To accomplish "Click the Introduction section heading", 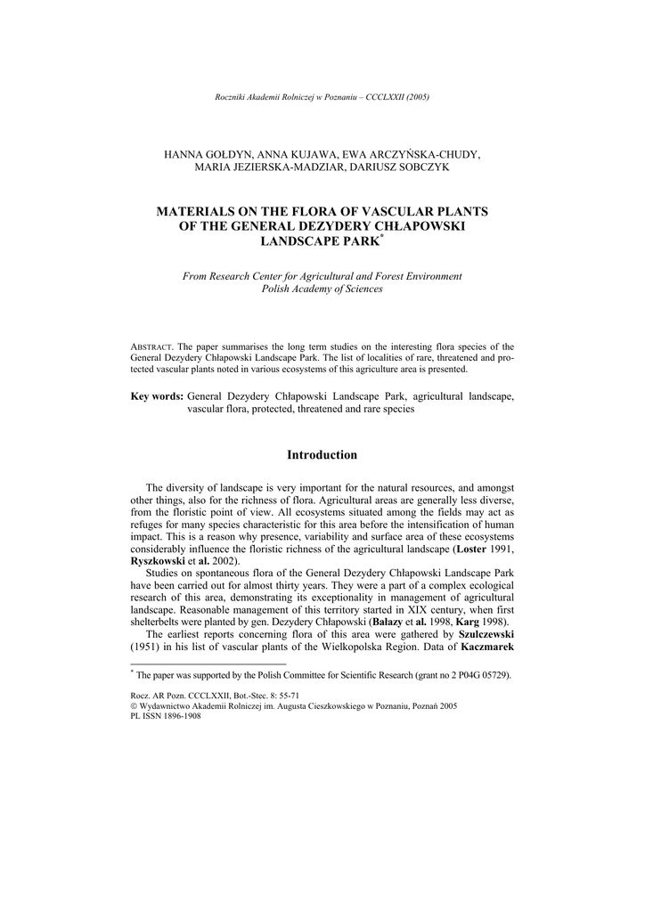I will tap(322, 455).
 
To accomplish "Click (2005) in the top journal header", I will tap(417, 96).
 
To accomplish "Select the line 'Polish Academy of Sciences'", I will tap(322, 289).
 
